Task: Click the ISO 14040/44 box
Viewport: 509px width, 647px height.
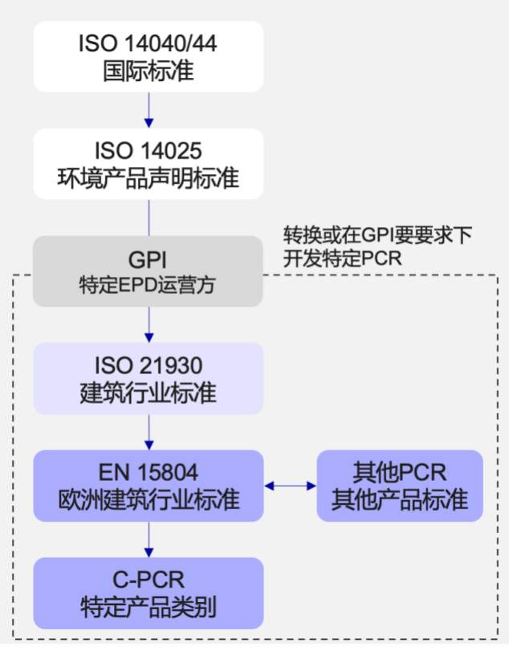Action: click(x=149, y=56)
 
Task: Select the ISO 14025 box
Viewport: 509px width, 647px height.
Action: click(x=149, y=164)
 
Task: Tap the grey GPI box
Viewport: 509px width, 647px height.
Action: click(x=149, y=271)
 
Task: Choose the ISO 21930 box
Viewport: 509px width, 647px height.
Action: click(x=149, y=378)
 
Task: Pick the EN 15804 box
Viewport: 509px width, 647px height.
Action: click(x=149, y=486)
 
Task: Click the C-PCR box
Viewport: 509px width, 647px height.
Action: click(x=149, y=593)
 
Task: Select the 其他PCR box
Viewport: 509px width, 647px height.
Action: click(x=400, y=486)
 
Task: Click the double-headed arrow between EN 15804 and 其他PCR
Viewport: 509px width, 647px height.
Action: click(x=291, y=486)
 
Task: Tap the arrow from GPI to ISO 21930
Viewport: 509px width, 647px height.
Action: click(x=149, y=324)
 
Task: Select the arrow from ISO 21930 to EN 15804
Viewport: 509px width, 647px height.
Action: click(x=149, y=432)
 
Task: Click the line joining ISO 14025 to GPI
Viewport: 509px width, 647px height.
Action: click(x=149, y=217)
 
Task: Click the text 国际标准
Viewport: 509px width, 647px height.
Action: click(x=149, y=71)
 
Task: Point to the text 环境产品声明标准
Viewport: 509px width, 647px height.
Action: click(x=149, y=177)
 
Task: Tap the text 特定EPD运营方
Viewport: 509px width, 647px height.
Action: click(x=149, y=285)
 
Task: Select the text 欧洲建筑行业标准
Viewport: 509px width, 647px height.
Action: click(x=149, y=499)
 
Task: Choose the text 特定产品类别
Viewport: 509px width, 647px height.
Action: click(x=149, y=608)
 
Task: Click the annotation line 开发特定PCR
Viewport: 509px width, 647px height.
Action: click(x=342, y=258)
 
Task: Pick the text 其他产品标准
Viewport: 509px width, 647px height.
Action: click(x=400, y=500)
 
